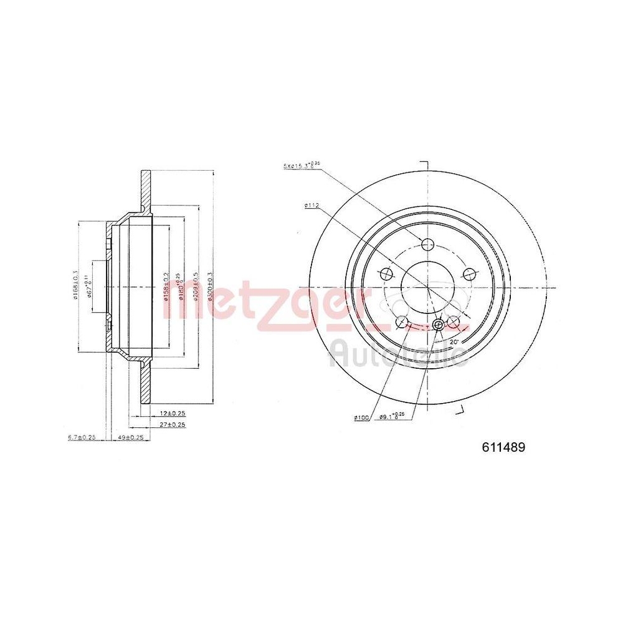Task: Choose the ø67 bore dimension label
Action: pos(92,286)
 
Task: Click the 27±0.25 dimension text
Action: pos(173,425)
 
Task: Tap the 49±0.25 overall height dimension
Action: pos(131,437)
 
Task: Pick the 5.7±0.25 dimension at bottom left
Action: pos(82,437)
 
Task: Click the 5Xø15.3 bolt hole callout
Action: pos(300,165)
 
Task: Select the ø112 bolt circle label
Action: pos(312,205)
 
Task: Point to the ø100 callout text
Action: pos(362,417)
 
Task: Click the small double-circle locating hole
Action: pos(438,325)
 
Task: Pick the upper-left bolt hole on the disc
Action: pos(386,273)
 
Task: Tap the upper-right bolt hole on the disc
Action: pos(470,273)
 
